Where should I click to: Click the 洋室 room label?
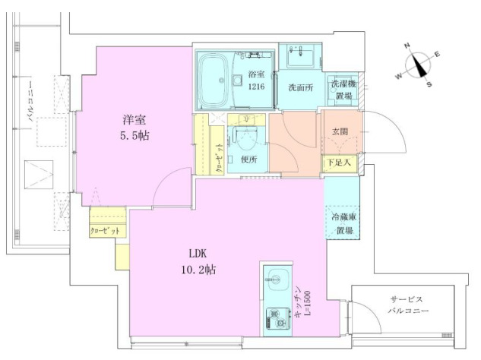(134, 119)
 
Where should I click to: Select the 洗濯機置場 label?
(340, 90)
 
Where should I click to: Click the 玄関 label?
(339, 132)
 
